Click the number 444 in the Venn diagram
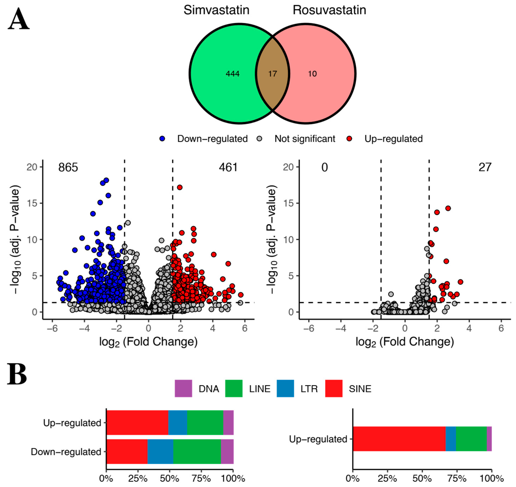tap(232, 74)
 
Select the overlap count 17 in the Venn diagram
tap(272, 74)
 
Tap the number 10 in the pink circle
tap(312, 74)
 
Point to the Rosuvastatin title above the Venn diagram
tap(329, 10)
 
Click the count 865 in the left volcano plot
tap(68, 167)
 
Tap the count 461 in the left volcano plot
tap(228, 167)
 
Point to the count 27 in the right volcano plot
tap(485, 167)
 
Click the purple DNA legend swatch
tap(183, 389)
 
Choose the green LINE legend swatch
tap(234, 389)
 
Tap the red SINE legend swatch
tap(334, 389)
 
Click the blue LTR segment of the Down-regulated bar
tap(160, 451)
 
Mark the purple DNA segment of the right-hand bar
tap(489, 439)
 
